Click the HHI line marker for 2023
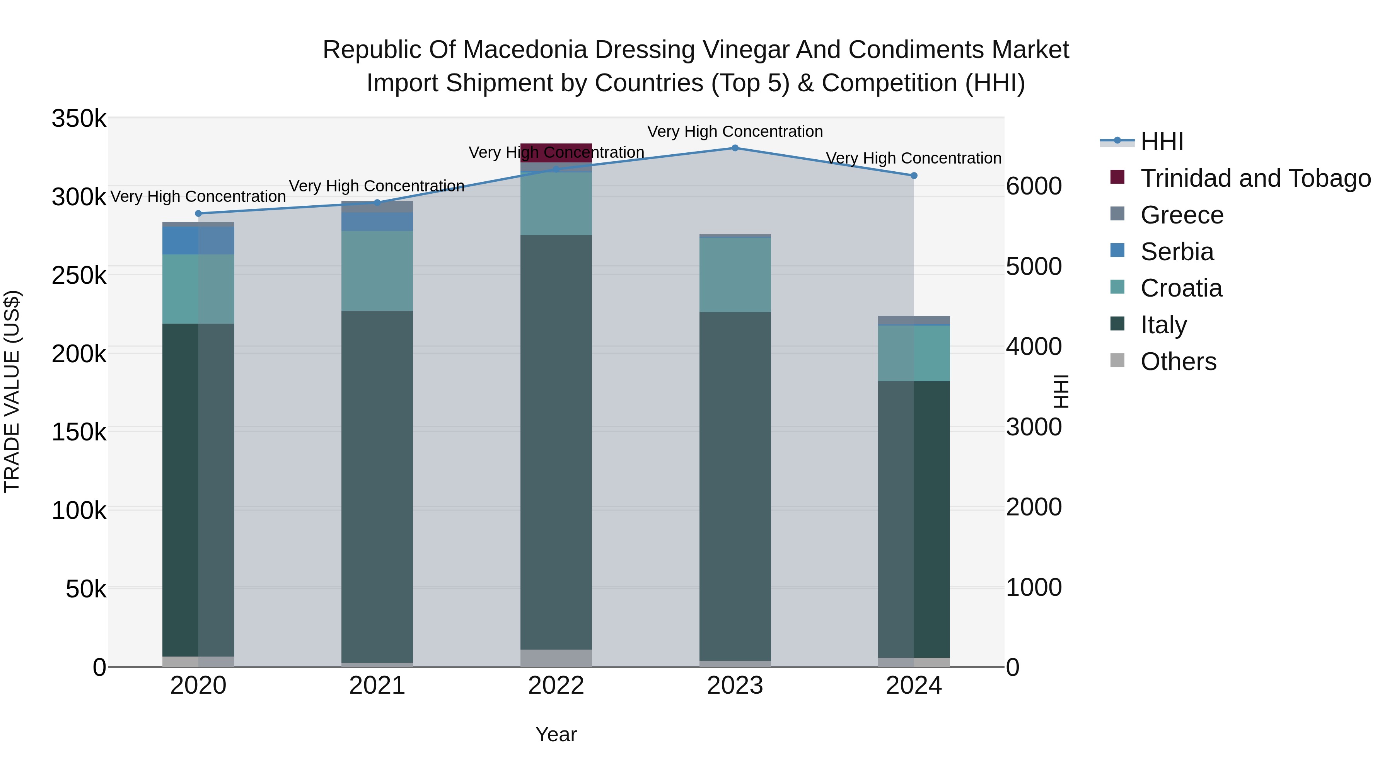pos(735,148)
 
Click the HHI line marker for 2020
pos(198,213)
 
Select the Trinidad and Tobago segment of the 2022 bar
pos(556,152)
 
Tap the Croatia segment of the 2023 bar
pos(735,275)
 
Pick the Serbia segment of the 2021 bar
pos(377,222)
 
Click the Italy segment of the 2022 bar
pos(556,442)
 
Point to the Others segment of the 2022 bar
pos(556,658)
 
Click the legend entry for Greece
pos(1182,215)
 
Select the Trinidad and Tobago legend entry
pos(1255,178)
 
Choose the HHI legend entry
pos(1162,142)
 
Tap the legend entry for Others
pos(1178,362)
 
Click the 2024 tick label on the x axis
pos(914,686)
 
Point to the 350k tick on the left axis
pos(79,118)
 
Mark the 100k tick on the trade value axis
pos(79,510)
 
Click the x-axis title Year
pos(556,734)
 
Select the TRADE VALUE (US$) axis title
pos(12,391)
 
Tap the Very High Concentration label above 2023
pos(735,131)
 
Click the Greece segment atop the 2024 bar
pos(914,319)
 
